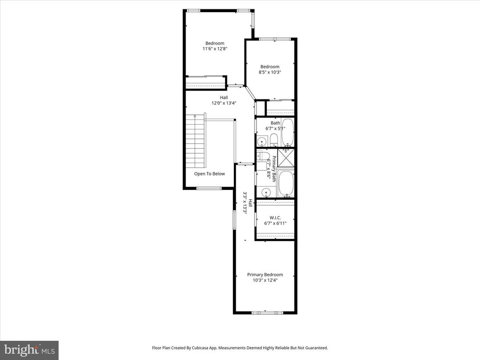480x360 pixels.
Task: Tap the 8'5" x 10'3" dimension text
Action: tap(270, 72)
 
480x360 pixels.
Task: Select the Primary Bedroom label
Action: tap(265, 275)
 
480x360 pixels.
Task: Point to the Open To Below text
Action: tap(210, 173)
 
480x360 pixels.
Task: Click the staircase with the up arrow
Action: tap(195, 141)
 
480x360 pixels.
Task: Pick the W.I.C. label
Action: tap(275, 217)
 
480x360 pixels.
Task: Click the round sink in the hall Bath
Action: tap(262, 142)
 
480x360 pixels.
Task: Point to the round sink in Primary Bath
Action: tap(266, 193)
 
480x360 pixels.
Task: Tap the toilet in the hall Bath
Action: tap(274, 140)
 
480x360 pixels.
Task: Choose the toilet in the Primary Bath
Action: tap(263, 155)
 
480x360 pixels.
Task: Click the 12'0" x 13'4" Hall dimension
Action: tap(224, 103)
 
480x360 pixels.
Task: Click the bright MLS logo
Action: tap(30, 350)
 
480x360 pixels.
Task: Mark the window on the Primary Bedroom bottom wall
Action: tap(267, 313)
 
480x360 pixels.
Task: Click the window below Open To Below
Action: tap(209, 188)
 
